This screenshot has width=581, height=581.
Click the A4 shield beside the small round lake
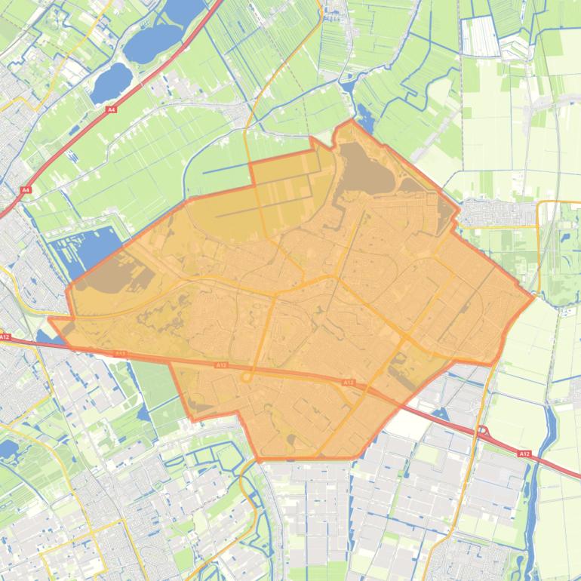point(112,109)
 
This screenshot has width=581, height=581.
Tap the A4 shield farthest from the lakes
point(26,190)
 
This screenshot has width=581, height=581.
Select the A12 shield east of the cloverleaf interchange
point(524,453)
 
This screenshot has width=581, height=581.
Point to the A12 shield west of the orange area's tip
point(5,337)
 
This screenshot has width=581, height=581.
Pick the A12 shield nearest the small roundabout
point(220,365)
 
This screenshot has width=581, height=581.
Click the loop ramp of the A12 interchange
point(483,432)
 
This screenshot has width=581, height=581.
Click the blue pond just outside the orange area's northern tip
point(365,118)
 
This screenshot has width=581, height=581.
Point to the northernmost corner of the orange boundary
point(351,120)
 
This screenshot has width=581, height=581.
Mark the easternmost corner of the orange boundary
point(533,297)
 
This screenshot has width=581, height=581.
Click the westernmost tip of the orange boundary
point(50,319)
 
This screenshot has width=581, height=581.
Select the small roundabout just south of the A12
point(245,377)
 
